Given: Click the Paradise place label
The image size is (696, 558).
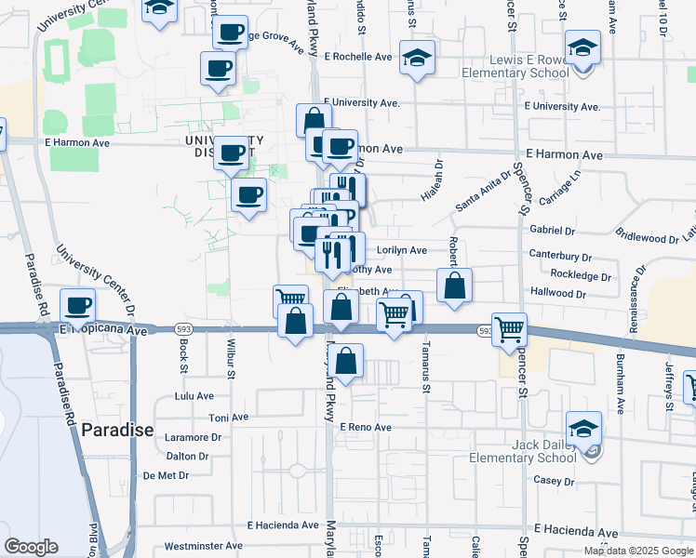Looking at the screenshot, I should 116,430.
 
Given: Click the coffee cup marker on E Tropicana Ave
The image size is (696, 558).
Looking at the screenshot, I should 78,305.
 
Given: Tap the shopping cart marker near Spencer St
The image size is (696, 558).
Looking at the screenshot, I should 510,328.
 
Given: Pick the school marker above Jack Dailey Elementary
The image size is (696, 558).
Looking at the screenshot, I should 583,428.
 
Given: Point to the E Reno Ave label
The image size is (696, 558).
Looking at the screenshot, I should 366,427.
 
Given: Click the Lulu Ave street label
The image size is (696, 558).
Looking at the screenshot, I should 194,396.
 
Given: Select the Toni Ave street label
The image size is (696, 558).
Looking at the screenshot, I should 228,418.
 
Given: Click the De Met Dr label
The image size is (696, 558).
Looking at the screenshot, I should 167,475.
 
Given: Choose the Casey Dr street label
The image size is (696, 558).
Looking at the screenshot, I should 554,481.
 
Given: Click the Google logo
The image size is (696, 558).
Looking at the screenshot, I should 31,546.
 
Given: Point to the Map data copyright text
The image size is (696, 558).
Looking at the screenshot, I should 638,551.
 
